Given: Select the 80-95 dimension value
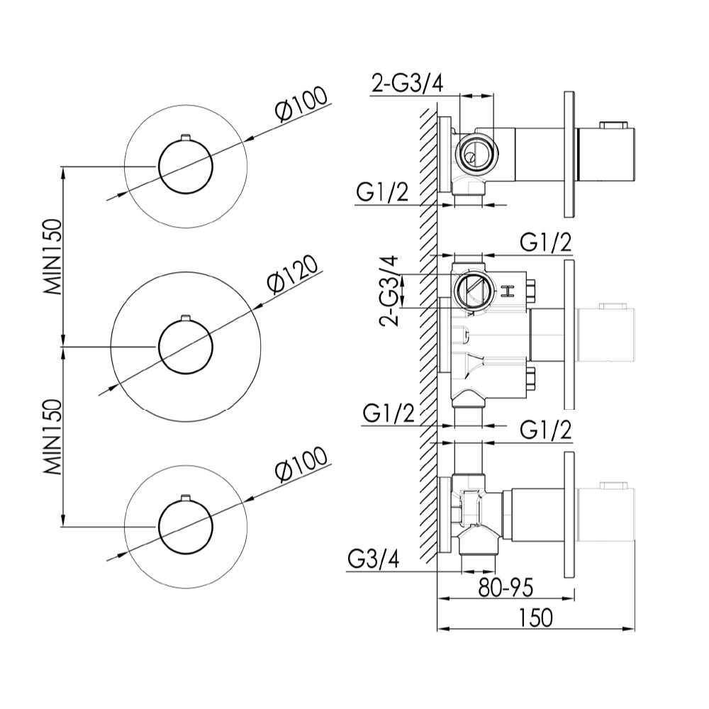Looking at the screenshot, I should click(x=504, y=587).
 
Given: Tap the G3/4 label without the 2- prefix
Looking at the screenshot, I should click(x=373, y=560).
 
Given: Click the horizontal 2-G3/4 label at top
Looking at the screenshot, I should click(x=408, y=83).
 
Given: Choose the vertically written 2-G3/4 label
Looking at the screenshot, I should click(x=389, y=289).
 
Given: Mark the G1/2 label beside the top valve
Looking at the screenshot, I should click(x=383, y=193).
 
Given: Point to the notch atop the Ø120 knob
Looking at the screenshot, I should click(x=186, y=318).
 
